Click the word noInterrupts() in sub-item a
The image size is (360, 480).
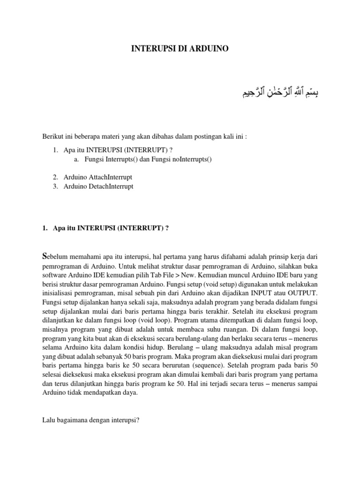coord(187,160)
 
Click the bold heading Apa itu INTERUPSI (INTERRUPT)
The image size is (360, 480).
coord(108,228)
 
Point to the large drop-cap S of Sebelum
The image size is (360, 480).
coord(45,255)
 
